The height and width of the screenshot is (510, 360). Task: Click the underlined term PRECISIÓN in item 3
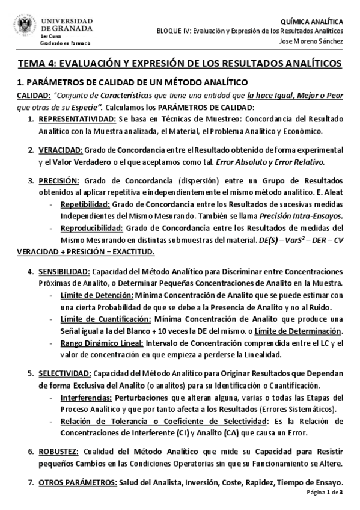(x=59, y=180)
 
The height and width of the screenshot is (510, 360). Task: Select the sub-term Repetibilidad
(x=84, y=204)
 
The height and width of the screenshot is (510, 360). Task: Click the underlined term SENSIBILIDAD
(x=64, y=271)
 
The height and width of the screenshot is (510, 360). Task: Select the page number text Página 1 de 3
(x=324, y=493)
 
